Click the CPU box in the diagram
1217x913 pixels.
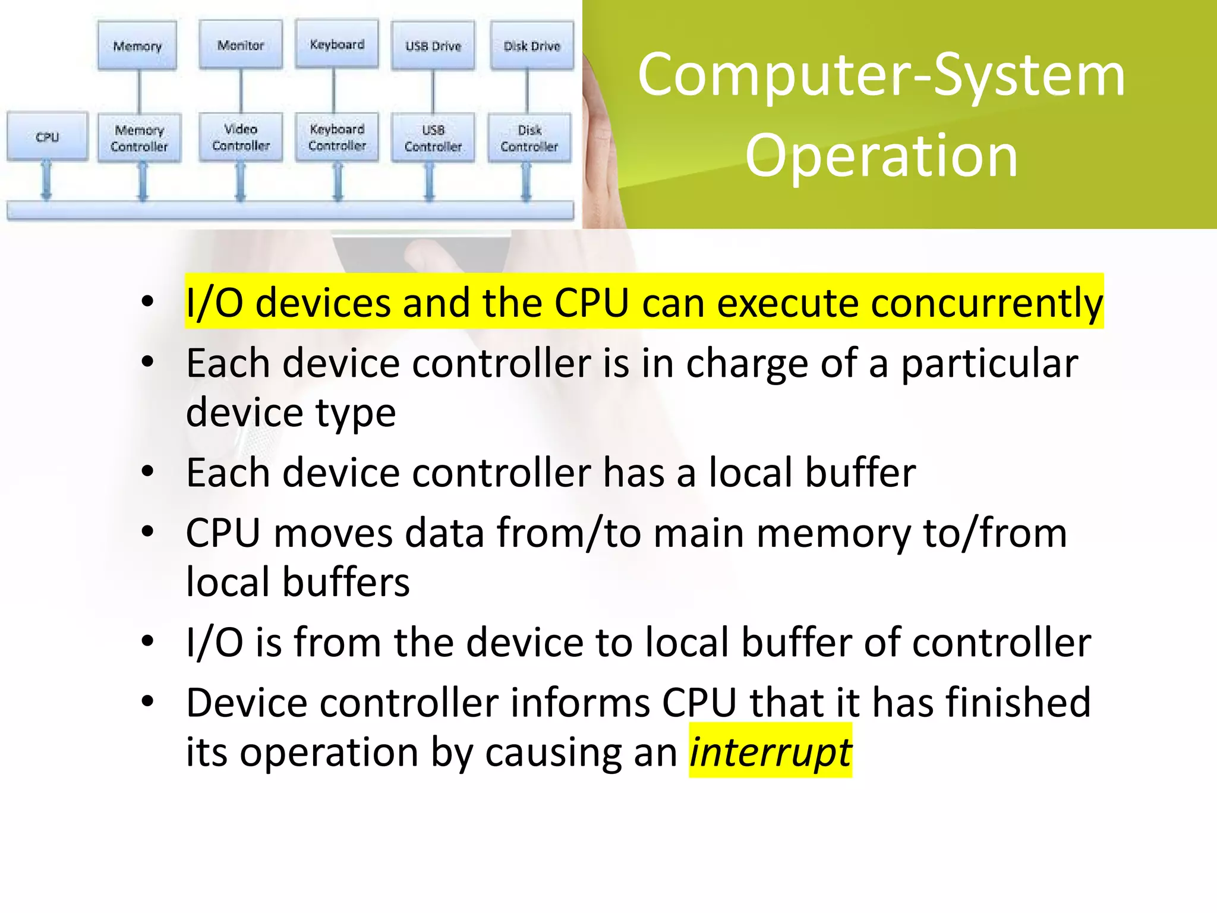tap(48, 137)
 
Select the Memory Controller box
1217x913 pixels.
tap(139, 138)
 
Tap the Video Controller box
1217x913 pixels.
tap(241, 137)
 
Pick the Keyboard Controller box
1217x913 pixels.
tap(337, 137)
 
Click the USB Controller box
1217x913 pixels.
tap(433, 138)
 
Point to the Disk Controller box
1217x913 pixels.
tap(529, 138)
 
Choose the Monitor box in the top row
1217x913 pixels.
tap(241, 45)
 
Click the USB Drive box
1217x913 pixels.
tap(433, 46)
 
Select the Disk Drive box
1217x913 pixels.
tap(532, 46)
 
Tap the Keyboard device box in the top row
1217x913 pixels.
tap(337, 45)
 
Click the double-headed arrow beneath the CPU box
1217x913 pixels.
tap(46, 181)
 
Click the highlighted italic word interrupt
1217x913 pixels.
tap(770, 751)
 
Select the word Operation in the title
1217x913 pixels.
tap(881, 156)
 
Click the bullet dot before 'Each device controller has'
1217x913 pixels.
tap(148, 472)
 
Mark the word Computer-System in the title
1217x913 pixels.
tap(881, 75)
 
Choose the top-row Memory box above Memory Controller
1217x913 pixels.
tap(137, 46)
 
